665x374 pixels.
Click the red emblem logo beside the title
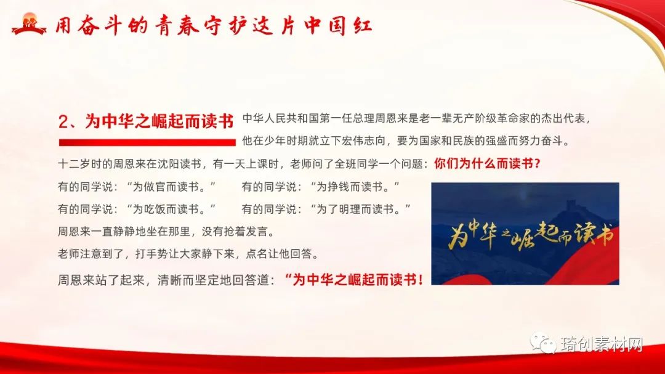coord(28,24)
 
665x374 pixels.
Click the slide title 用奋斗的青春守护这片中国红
coord(214,25)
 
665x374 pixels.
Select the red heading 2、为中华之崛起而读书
coord(146,121)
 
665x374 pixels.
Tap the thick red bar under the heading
coord(147,142)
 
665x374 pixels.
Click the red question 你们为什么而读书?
coord(487,163)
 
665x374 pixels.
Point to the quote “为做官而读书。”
coord(171,186)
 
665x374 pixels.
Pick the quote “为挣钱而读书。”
coord(355,186)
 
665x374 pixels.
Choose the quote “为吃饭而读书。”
coord(171,209)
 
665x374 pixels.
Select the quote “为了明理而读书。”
coord(360,209)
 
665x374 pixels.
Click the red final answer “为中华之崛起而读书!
coord(354,280)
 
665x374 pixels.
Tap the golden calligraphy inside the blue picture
coord(531,235)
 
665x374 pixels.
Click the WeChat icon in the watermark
coord(543,343)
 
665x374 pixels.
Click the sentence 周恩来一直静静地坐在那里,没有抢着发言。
coord(167,231)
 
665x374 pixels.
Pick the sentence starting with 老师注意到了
coord(189,254)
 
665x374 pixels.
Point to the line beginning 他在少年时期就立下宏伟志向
coord(406,141)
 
